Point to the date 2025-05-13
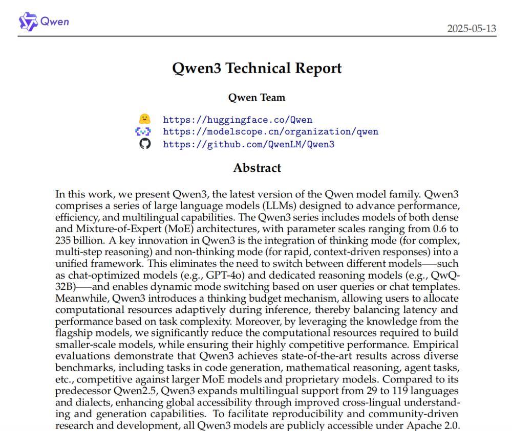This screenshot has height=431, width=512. coord(472,28)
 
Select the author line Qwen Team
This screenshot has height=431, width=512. coord(257,97)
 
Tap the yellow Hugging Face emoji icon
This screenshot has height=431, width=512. coord(145,119)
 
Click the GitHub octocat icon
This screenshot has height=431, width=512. coord(145,144)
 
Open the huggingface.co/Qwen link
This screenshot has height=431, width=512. coord(238,120)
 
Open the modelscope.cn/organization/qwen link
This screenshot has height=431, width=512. coord(271,132)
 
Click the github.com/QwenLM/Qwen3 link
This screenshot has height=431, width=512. coord(248,144)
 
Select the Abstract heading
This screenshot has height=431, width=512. coord(257,168)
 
